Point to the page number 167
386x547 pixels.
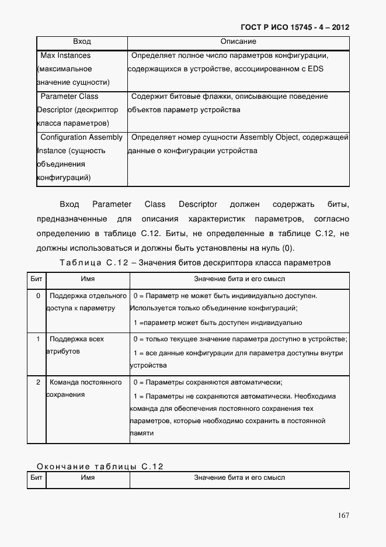(x=343, y=515)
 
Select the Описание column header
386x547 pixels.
(x=238, y=42)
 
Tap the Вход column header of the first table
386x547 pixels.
(x=82, y=42)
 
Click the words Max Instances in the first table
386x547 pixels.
(x=65, y=56)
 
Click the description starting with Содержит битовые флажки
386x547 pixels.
(x=229, y=96)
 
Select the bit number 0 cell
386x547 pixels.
(x=38, y=296)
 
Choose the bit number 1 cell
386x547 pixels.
(x=38, y=339)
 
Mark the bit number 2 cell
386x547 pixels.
(x=38, y=382)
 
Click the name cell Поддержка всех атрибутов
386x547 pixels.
(x=76, y=345)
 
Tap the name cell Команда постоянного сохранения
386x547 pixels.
(x=85, y=388)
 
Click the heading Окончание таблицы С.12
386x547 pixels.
(x=100, y=466)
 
